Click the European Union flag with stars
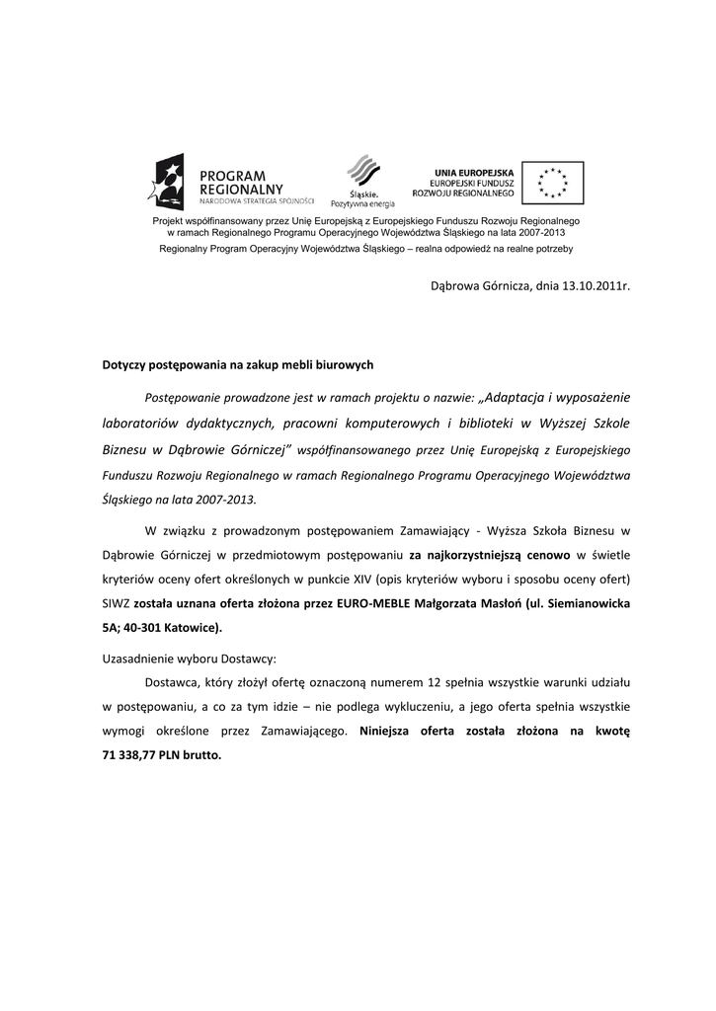[552, 183]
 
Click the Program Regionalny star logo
[166, 184]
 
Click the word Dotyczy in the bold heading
[124, 364]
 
